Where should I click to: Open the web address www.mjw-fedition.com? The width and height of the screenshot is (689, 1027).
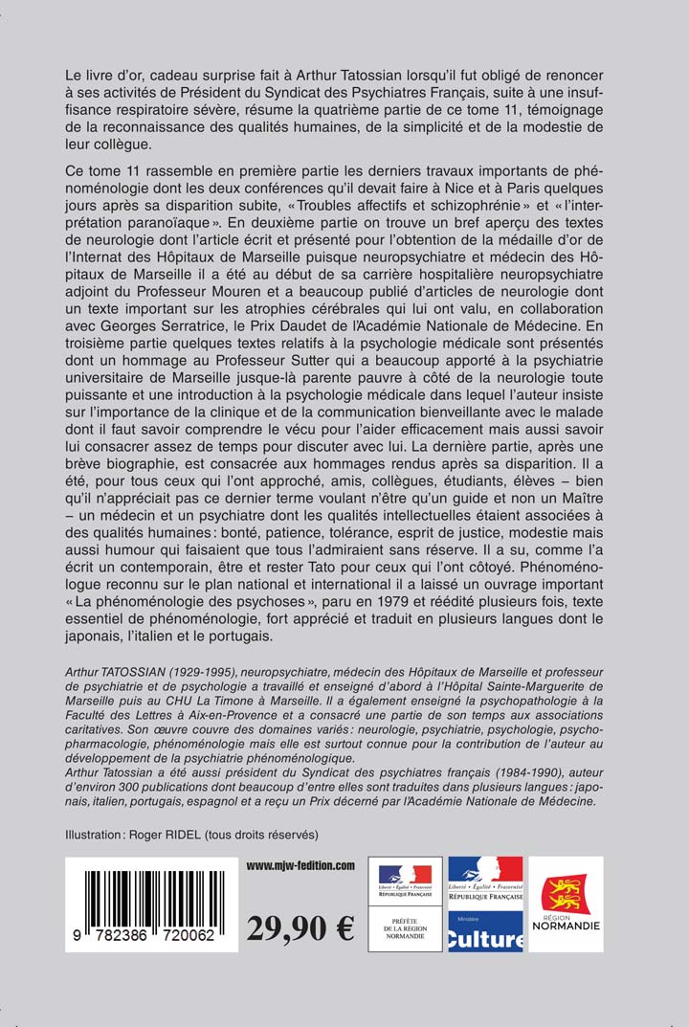(x=300, y=865)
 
